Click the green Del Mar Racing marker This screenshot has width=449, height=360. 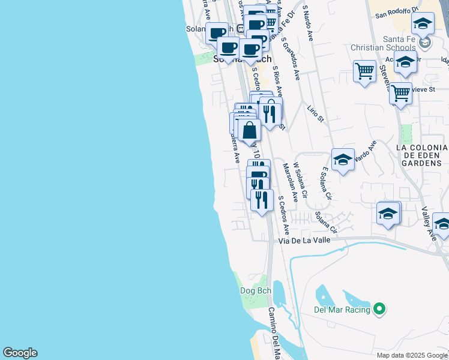379,310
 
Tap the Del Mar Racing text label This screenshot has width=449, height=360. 342,310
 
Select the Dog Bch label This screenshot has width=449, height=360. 256,291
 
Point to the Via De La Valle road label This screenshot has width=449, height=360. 306,241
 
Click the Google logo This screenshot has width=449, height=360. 20,353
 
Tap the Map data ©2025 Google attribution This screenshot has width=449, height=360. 411,355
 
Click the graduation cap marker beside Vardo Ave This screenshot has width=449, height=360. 343,160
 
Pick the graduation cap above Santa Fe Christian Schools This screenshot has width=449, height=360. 423,23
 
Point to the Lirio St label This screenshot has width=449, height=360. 315,112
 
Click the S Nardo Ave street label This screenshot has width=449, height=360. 309,24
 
